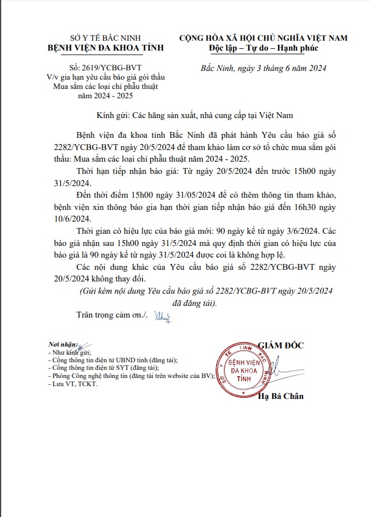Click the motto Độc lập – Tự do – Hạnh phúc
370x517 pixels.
(263, 48)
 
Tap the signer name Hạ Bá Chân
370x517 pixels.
(281, 397)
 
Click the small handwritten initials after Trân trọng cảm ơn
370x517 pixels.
(160, 316)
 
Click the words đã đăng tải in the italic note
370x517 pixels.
(195, 303)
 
